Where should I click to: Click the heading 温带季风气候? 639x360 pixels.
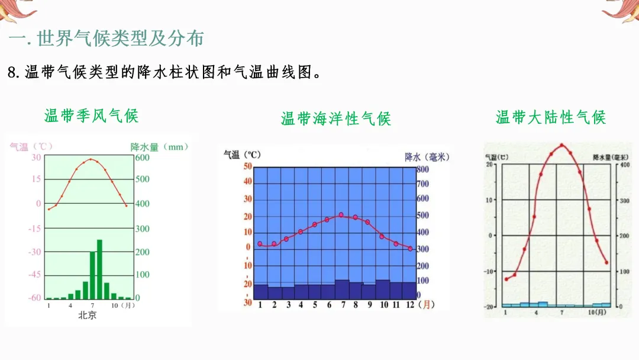click(x=91, y=115)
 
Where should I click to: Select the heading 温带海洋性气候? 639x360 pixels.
click(x=335, y=118)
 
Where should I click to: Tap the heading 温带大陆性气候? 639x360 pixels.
click(x=550, y=117)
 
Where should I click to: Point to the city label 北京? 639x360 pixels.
click(x=88, y=316)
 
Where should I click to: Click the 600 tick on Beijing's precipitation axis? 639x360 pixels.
click(x=143, y=157)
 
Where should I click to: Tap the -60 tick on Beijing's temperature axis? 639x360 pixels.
click(x=35, y=298)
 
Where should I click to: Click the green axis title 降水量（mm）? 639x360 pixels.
click(x=159, y=147)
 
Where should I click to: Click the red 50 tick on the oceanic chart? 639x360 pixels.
click(x=248, y=166)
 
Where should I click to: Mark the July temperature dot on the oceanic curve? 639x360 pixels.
click(x=341, y=215)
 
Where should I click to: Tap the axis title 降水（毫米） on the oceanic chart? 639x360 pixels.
click(x=427, y=156)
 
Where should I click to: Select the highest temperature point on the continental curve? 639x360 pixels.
click(x=561, y=145)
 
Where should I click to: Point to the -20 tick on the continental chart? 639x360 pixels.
click(x=489, y=307)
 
